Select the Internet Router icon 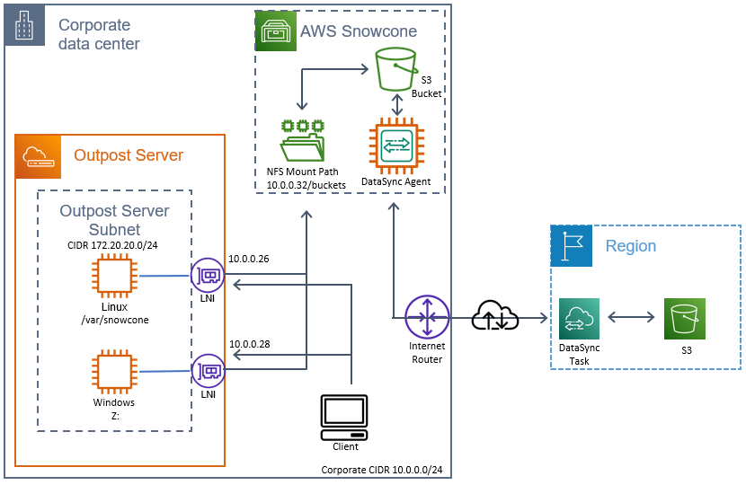click(x=427, y=317)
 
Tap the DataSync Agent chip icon click(x=396, y=145)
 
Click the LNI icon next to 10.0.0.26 click(x=208, y=276)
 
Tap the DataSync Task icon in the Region click(x=579, y=319)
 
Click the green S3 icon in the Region click(x=685, y=319)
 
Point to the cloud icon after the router click(x=495, y=316)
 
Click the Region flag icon click(x=572, y=246)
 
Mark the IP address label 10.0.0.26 click(x=249, y=259)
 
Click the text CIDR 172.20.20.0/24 click(x=112, y=244)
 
